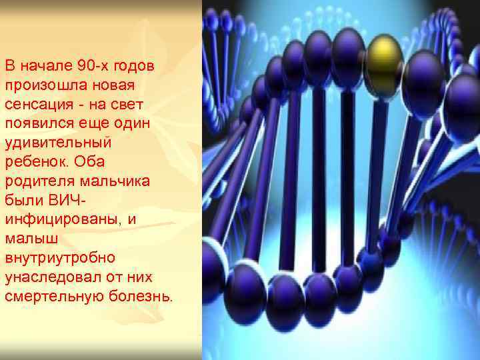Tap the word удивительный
[49, 143]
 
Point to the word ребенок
[34, 162]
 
